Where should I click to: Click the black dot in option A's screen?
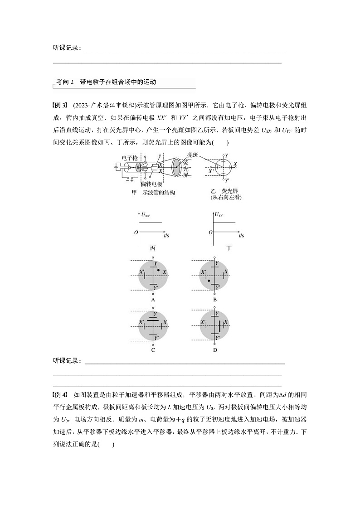(158, 270)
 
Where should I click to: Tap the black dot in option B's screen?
(209, 281)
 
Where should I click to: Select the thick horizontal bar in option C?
(153, 320)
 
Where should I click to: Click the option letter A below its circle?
(153, 300)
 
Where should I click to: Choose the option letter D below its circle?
(215, 350)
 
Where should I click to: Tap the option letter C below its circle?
(153, 350)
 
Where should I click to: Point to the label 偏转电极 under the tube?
(151, 184)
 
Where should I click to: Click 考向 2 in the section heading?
(65, 82)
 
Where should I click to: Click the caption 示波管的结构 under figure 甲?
(158, 193)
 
